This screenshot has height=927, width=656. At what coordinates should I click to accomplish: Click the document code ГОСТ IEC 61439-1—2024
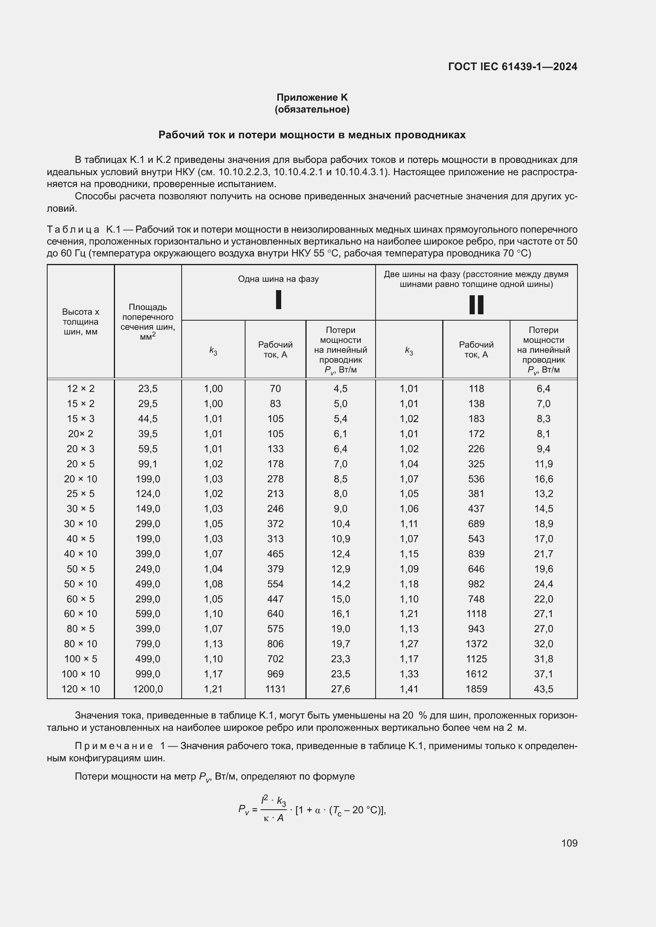[512, 67]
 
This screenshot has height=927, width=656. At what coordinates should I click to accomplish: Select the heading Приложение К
[312, 97]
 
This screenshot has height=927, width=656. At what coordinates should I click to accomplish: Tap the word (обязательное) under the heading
[312, 109]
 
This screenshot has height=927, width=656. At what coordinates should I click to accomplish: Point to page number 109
[569, 843]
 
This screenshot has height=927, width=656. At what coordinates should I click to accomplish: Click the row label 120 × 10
[81, 689]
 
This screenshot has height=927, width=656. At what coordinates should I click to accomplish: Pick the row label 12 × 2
[81, 389]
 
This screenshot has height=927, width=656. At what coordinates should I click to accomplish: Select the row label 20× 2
[81, 434]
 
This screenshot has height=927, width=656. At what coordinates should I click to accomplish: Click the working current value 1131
[275, 689]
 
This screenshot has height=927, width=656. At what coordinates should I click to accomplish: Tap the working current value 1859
[476, 689]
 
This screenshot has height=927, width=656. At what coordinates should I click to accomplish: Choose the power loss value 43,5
[543, 689]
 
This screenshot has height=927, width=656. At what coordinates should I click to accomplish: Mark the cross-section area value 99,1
[148, 464]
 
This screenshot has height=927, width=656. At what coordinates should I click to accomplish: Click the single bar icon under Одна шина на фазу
[278, 300]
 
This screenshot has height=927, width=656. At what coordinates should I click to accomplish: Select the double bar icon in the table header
[476, 304]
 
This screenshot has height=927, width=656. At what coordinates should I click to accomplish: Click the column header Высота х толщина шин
[81, 322]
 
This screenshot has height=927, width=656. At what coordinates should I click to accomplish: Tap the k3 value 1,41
[409, 689]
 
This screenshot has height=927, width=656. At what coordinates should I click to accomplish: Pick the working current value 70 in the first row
[275, 389]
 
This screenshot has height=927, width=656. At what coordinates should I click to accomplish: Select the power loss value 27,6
[340, 689]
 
